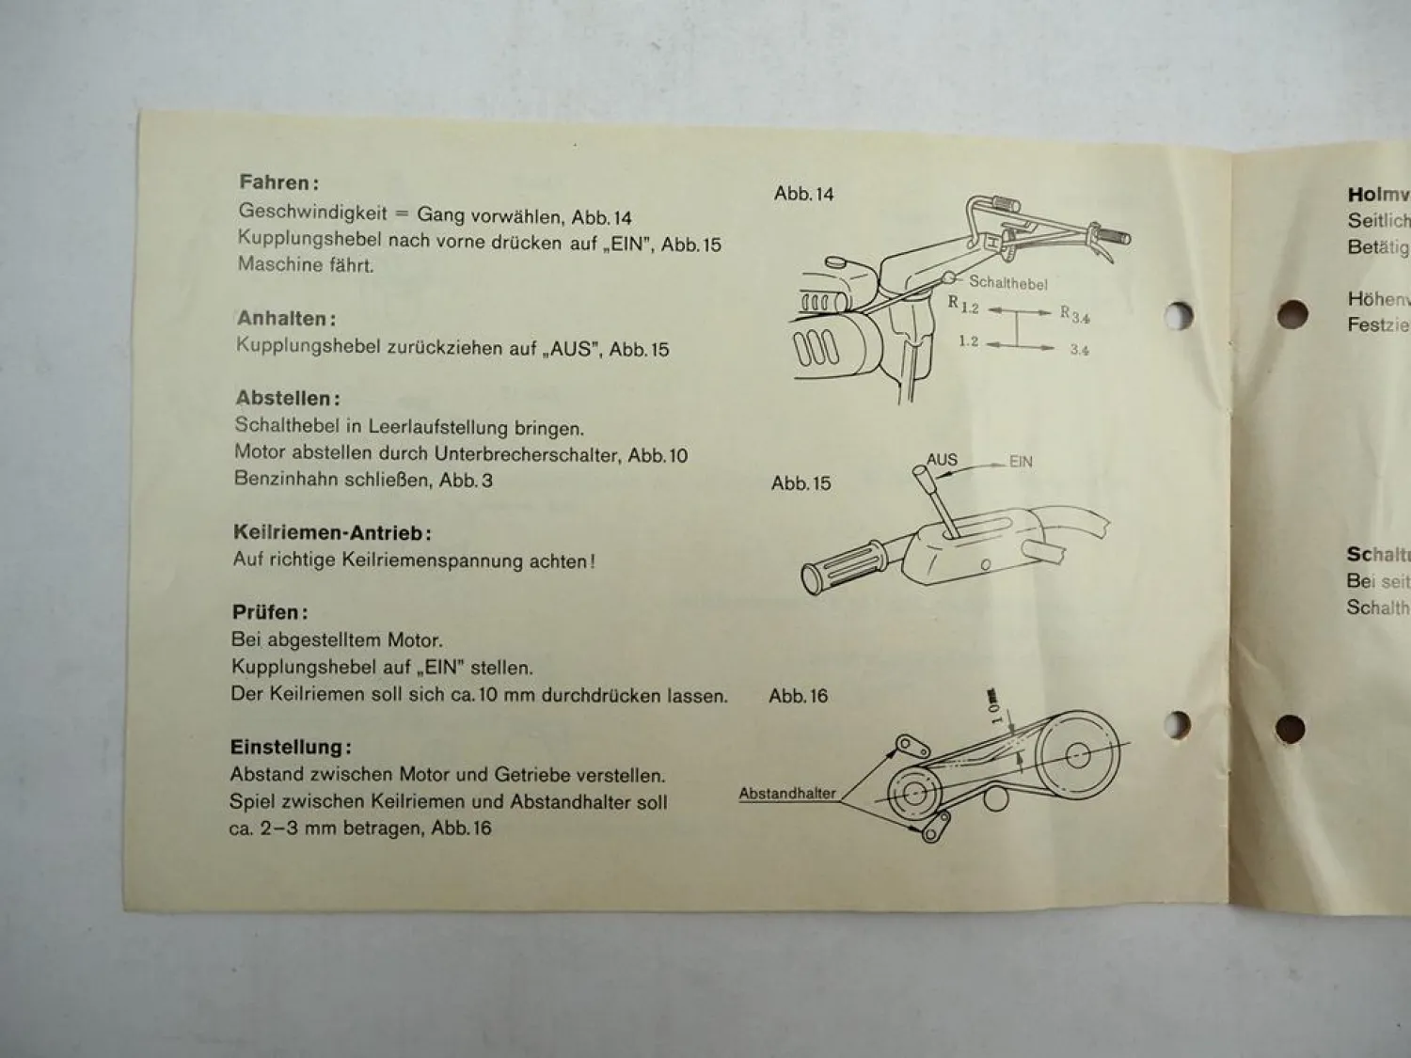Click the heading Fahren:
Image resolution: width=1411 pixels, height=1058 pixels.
coord(278,182)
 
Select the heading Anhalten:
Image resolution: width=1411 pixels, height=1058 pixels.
coord(286,319)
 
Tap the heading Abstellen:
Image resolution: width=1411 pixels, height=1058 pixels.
coord(287,399)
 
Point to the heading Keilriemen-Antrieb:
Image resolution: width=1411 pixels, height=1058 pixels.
coord(332,533)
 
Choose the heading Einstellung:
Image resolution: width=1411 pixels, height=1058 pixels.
coord(291,748)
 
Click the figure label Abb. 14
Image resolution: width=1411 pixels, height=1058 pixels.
coord(803,194)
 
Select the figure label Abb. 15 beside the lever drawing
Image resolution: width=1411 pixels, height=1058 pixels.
coord(801,483)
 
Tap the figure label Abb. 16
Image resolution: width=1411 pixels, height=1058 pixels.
coord(798,696)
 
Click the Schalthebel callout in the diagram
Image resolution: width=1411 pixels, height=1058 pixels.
coord(1007,282)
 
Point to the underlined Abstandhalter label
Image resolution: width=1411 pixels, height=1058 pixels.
coord(787,794)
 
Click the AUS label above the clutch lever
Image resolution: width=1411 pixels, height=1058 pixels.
coord(942,460)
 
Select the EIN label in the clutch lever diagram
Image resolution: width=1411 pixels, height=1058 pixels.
coord(1021,462)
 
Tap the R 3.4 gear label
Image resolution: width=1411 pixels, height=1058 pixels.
coord(1074,314)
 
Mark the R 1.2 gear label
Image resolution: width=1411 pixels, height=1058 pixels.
coord(963,305)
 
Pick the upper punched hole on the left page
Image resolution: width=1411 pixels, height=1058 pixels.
coord(1177,315)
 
